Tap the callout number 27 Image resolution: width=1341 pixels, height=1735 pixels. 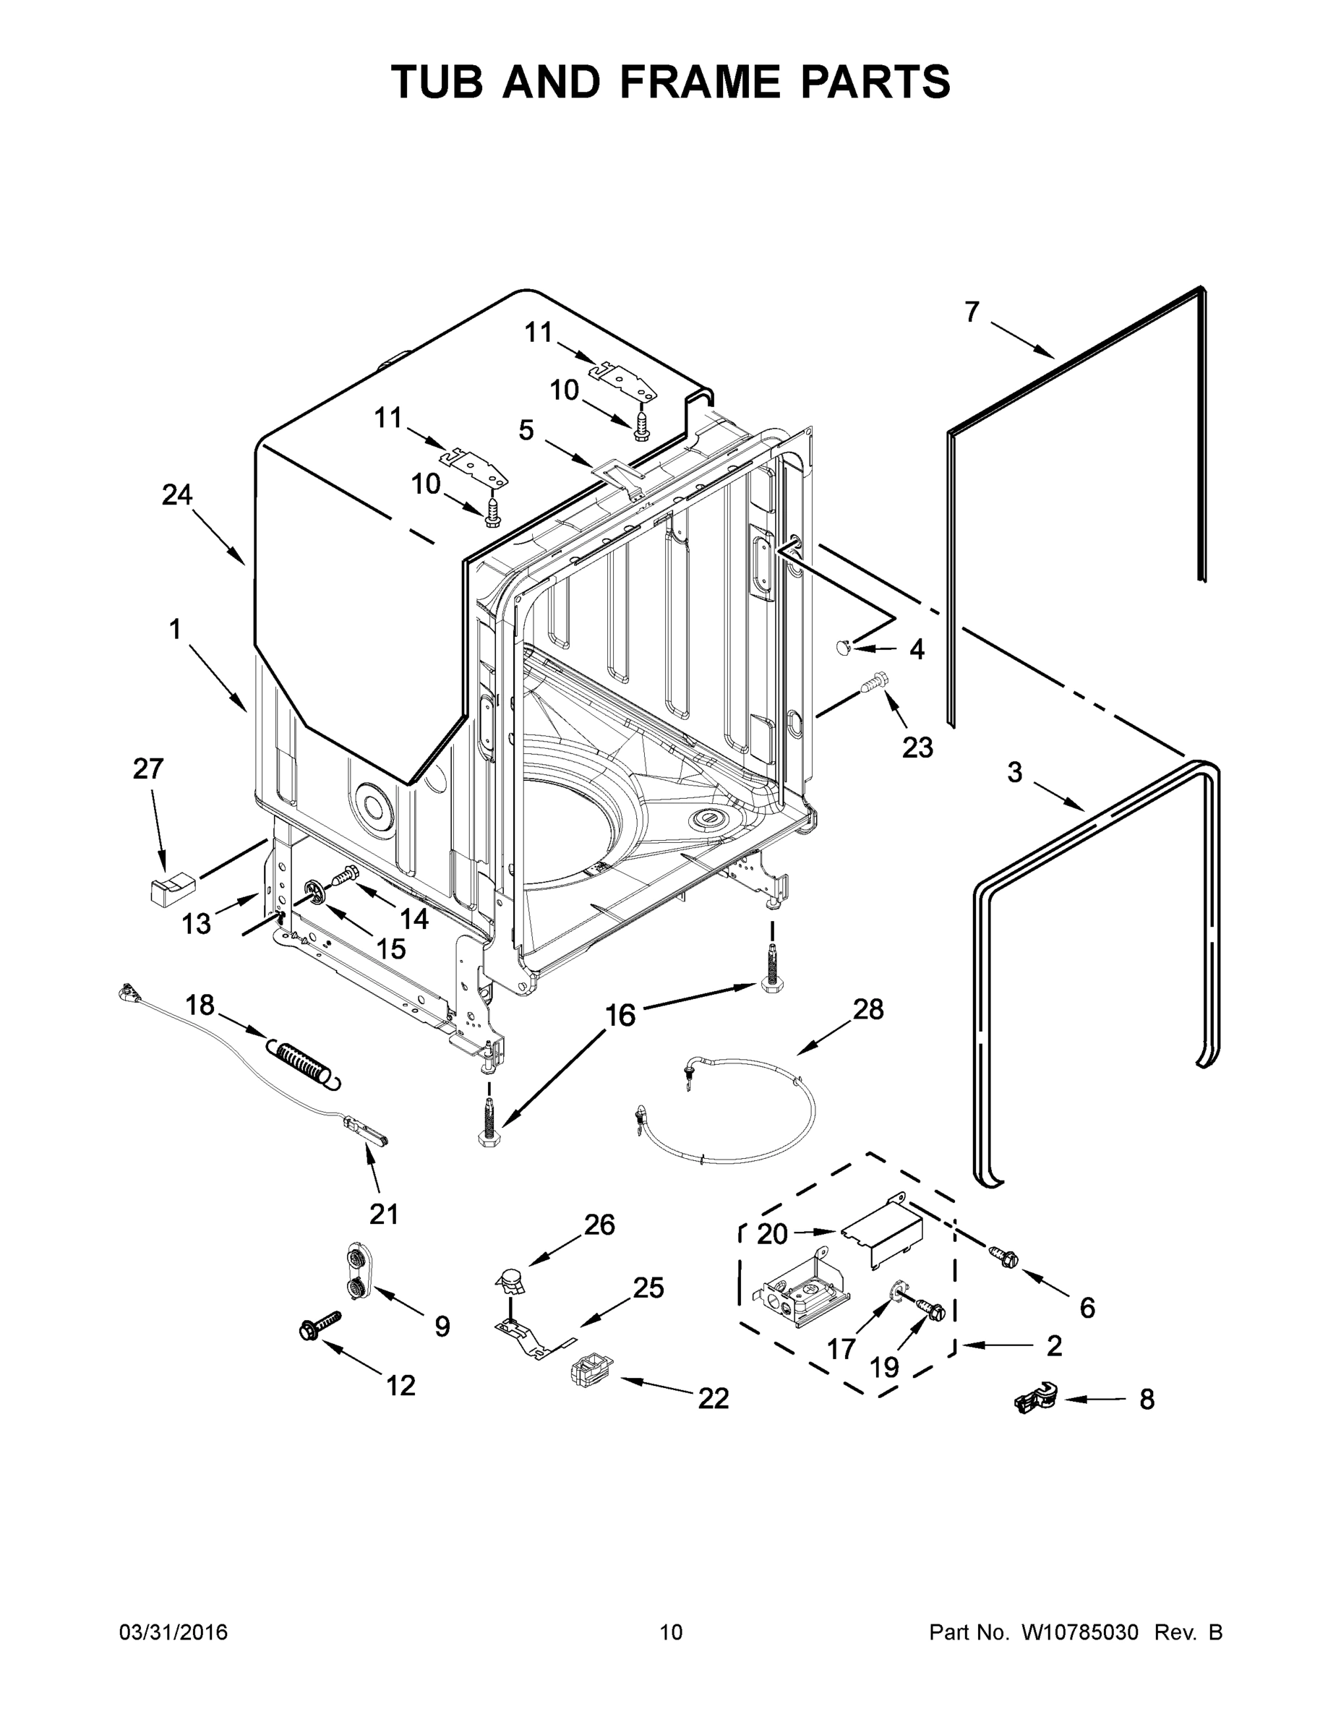click(147, 769)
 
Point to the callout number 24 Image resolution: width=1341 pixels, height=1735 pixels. click(176, 495)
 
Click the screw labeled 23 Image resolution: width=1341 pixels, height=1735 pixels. click(875, 683)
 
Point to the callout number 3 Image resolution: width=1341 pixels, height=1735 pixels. click(1014, 772)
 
